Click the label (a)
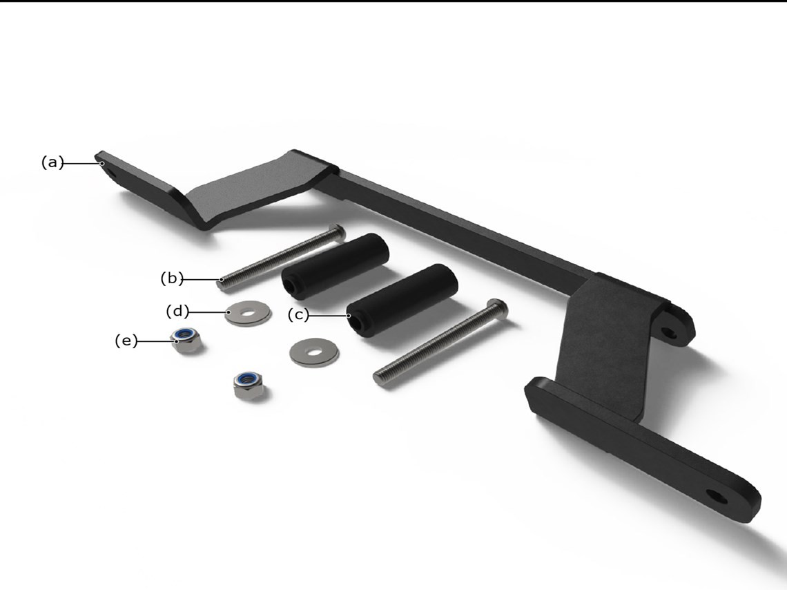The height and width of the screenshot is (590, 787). click(x=52, y=162)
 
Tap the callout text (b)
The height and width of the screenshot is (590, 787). click(x=172, y=278)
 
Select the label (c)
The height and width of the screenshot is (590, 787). click(x=299, y=315)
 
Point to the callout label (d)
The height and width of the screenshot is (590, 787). click(x=177, y=312)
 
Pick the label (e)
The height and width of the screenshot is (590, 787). click(x=126, y=341)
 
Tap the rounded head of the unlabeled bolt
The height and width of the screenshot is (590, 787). click(x=501, y=307)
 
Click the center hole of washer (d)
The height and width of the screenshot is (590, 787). click(x=247, y=313)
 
